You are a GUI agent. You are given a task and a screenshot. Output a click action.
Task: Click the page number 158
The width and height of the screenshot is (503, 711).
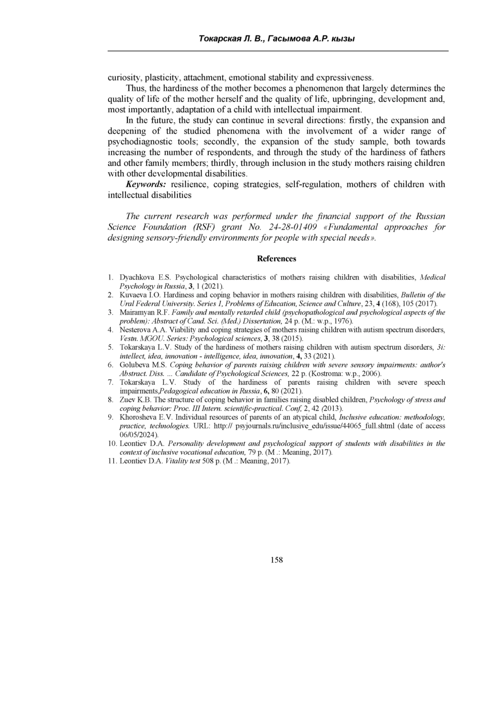(277, 560)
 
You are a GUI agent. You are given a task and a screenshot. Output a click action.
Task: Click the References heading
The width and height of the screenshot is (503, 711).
(276, 259)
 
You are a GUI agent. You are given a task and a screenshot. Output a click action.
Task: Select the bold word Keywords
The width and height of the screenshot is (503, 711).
(146, 184)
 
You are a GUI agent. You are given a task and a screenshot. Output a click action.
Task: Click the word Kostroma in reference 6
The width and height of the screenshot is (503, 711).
(324, 374)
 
